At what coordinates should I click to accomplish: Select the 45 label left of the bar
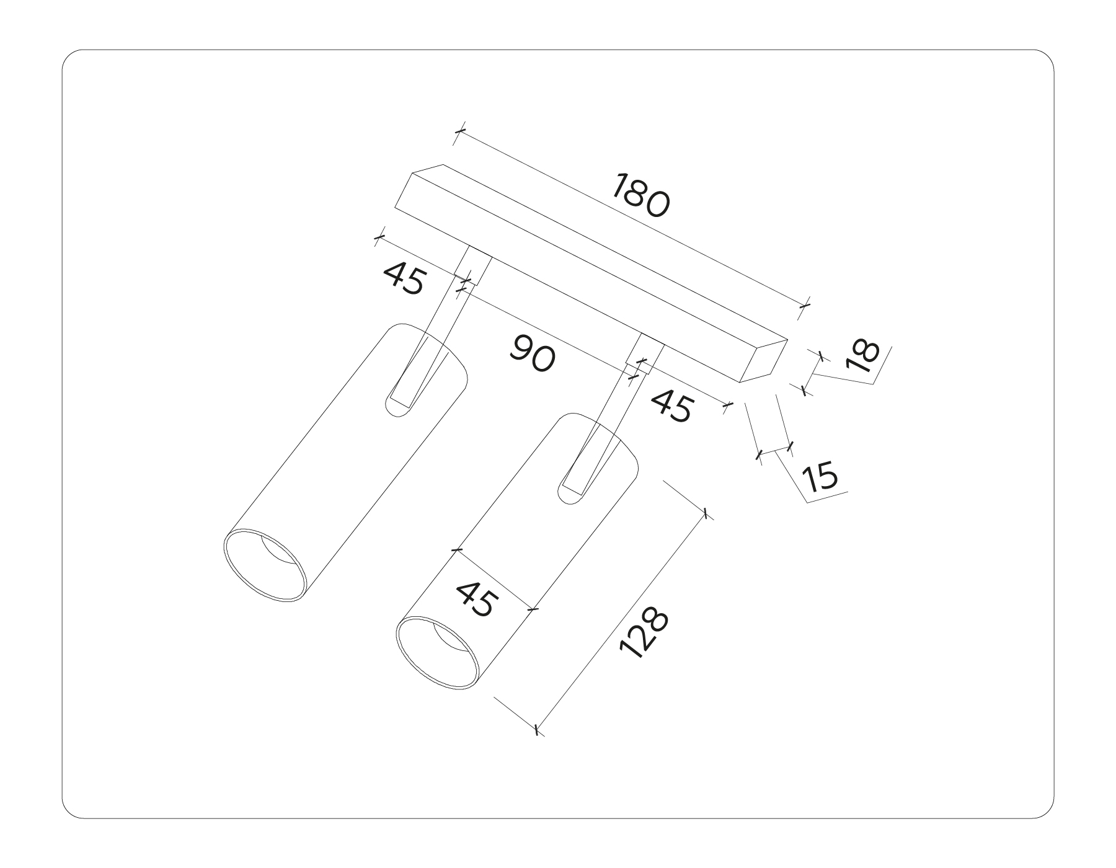(404, 278)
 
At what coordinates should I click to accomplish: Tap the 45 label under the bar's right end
(671, 407)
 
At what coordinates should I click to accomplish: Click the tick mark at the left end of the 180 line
(459, 131)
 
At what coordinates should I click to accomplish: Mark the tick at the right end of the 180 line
(805, 306)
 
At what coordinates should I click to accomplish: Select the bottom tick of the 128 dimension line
(537, 729)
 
